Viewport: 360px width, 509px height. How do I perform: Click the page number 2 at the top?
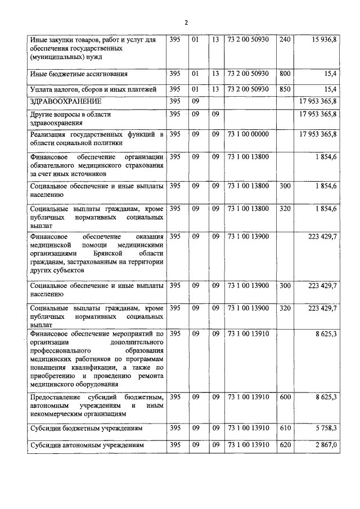(186, 22)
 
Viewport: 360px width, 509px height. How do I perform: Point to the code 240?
(285, 39)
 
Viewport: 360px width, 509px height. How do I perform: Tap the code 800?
(285, 73)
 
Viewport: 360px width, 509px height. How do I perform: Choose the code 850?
(285, 89)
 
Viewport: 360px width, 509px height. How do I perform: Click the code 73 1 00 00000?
(248, 134)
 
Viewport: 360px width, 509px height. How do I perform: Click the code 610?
(285, 428)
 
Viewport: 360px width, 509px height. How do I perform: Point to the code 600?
(285, 397)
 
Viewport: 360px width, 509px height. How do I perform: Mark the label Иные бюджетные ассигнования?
(79, 74)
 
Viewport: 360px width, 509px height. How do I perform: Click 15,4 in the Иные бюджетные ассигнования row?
(330, 73)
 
